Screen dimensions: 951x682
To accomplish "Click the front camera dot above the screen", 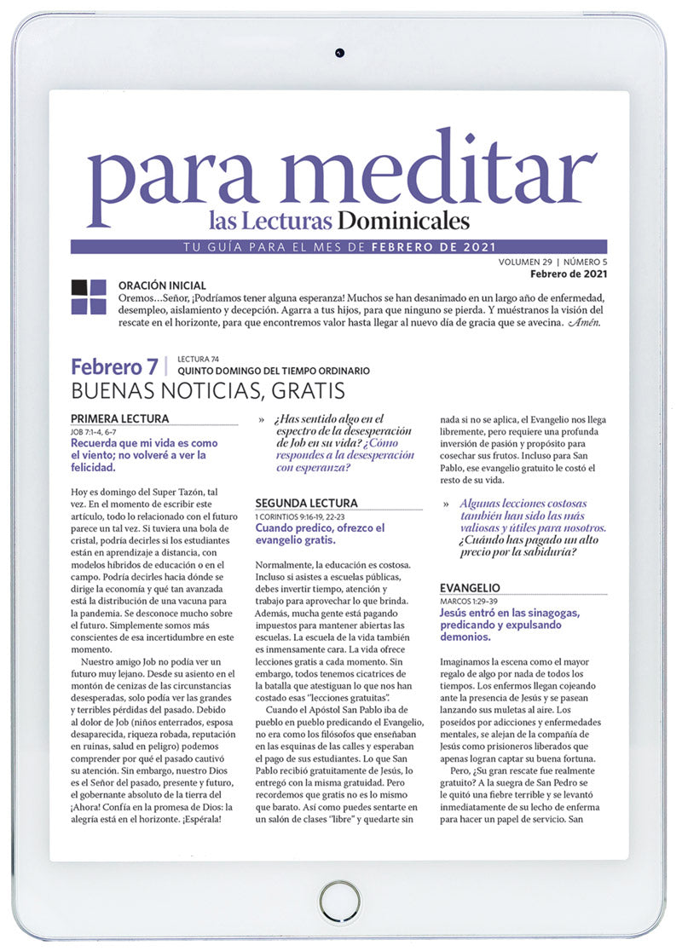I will pyautogui.click(x=340, y=53).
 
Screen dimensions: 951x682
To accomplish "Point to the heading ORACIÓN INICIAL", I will pyautogui.click(x=162, y=285).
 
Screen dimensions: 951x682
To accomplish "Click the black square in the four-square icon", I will pyautogui.click(x=79, y=287).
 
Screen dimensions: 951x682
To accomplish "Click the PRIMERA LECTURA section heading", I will pyautogui.click(x=119, y=418).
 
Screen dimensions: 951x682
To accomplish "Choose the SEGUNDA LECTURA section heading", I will pyautogui.click(x=307, y=504).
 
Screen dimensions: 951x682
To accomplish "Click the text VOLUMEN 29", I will pyautogui.click(x=525, y=261).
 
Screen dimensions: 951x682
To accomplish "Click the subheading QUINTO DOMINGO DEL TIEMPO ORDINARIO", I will pyautogui.click(x=273, y=372).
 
